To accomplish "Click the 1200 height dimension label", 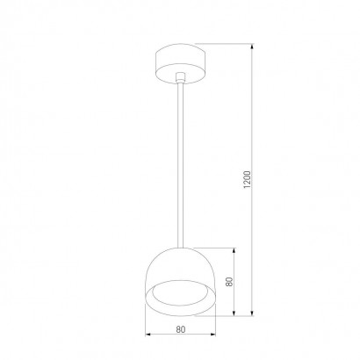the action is [248, 179].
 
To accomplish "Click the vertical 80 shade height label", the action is [230, 282].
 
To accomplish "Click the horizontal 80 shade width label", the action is [181, 329].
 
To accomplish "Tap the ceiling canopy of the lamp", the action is [181, 63].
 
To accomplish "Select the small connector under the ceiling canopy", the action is [180, 77].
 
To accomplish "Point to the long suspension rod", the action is [180, 165].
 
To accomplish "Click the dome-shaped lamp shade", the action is [181, 282].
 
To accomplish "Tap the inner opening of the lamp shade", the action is [181, 293].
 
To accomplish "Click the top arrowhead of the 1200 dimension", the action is [252, 47].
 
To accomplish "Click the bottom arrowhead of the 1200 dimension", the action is [252, 313].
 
